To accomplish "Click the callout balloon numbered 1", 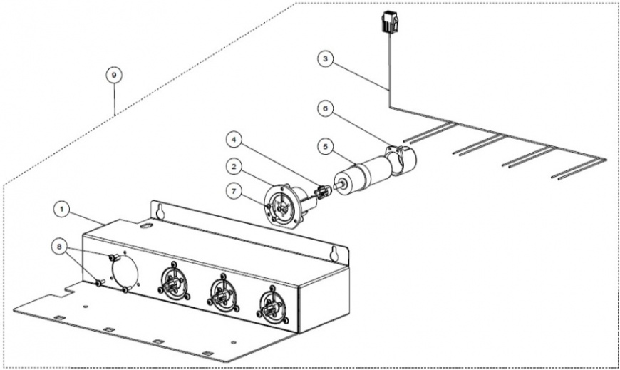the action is pos(61,209).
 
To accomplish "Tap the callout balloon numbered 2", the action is pos(234,167).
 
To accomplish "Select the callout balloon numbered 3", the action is pos(326,59).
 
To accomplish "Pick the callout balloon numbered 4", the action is pos(234,140).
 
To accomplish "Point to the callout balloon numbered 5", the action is pos(326,147).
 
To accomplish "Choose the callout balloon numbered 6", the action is pos(326,108).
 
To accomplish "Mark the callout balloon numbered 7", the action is pos(234,192).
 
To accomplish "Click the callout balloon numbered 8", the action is pos(59,247).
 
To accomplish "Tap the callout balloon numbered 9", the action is pos(114,75).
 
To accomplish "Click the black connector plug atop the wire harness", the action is pos(389,22).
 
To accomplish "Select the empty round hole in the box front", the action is pos(125,272).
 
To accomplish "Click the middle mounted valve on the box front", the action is pos(223,294).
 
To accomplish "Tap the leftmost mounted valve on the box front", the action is pos(174,282).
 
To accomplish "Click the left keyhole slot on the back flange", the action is pos(160,211).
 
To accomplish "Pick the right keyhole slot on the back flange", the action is pos(334,254).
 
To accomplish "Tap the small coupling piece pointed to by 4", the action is pos(323,192).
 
